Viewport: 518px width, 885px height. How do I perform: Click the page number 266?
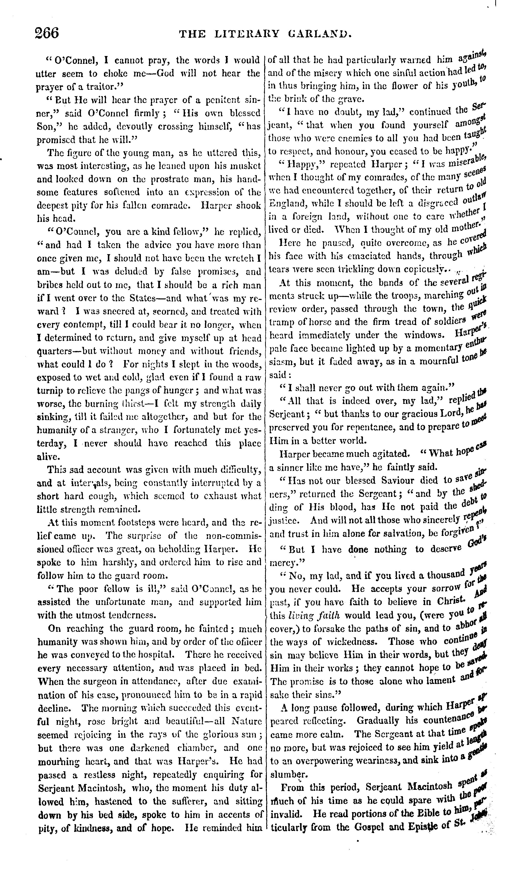click(47, 33)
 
